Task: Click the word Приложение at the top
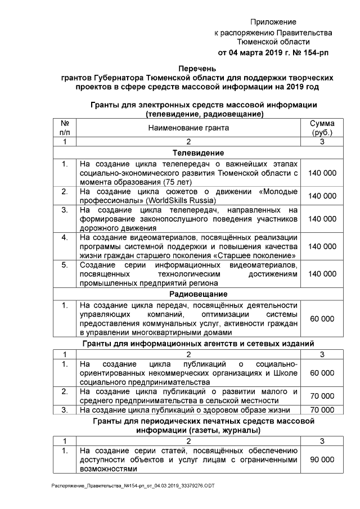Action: tap(273, 22)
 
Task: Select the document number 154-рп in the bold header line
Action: tap(310, 52)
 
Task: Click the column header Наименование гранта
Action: tap(188, 128)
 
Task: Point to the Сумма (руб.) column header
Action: tap(322, 128)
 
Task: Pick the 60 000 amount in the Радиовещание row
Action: tap(322, 319)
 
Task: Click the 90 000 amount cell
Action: tap(322, 460)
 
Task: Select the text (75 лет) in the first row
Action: tap(177, 182)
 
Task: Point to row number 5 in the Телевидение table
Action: tap(65, 264)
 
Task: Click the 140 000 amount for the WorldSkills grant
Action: tap(322, 196)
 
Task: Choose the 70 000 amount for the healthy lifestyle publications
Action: tap(322, 410)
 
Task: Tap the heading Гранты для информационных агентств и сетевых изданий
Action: tap(206, 343)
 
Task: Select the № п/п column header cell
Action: tap(65, 128)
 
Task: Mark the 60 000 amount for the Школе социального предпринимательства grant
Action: tap(322, 373)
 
